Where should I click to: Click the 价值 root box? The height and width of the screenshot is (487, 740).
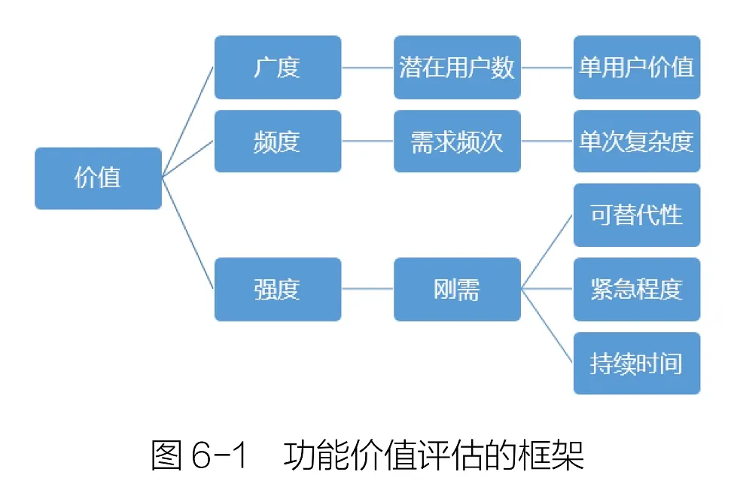coord(98,178)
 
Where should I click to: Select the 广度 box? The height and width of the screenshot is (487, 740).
coord(278,67)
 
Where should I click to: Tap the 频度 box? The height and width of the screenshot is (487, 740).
coord(278,142)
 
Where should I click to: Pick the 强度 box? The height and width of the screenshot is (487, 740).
coord(278,290)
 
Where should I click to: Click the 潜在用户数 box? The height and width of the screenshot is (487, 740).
coord(457,67)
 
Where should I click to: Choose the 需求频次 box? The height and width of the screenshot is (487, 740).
coord(457,142)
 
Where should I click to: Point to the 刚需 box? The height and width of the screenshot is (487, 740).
coord(457,290)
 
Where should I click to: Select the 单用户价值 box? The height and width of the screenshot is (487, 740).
coord(637,67)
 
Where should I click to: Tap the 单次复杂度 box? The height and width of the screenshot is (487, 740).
coord(637,142)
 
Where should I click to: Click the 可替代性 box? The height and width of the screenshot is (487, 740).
coord(637,215)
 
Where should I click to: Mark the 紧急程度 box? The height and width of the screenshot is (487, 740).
coord(637,290)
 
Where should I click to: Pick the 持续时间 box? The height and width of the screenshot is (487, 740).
coord(637,364)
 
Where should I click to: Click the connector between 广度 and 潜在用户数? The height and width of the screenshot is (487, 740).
coord(367,67)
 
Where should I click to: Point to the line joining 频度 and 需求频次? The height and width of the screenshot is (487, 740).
coord(367,142)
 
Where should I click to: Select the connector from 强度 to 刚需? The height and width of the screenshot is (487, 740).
coord(367,290)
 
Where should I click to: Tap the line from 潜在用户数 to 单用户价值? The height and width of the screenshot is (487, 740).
coord(547,67)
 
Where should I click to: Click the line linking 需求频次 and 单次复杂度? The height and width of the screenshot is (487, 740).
coord(547,142)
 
